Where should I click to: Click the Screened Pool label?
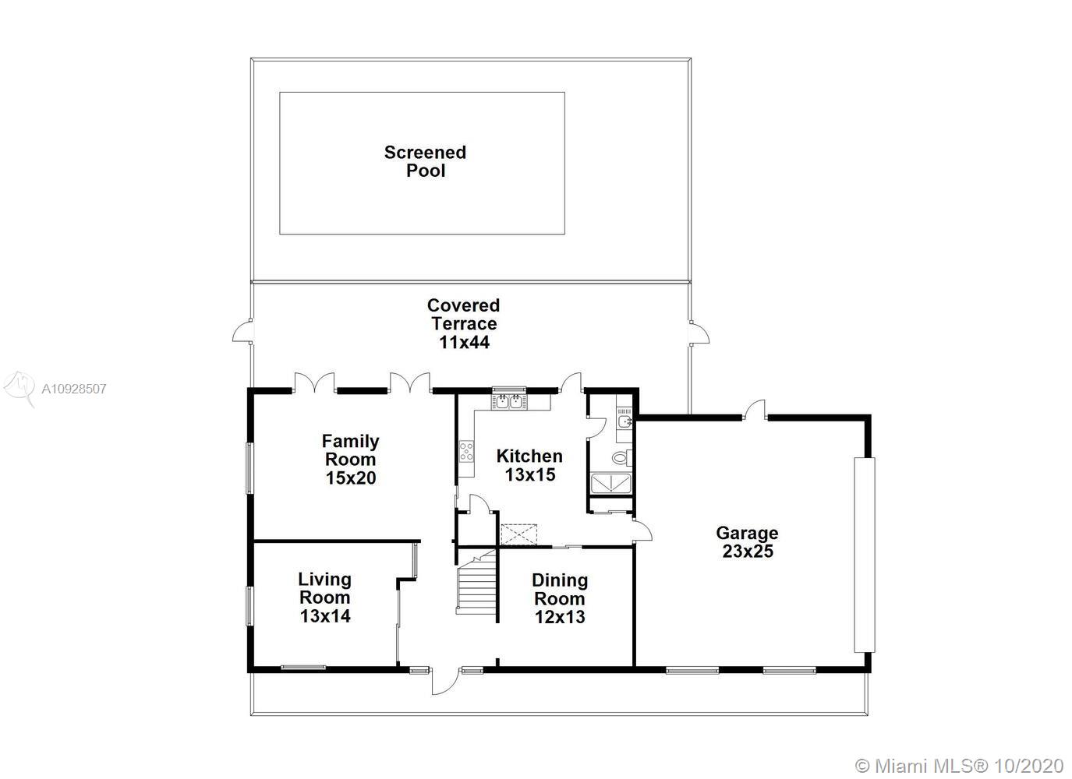pyautogui.click(x=425, y=161)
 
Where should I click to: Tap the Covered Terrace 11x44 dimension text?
pyautogui.click(x=464, y=343)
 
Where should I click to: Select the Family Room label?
pyautogui.click(x=350, y=450)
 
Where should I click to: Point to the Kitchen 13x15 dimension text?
pyautogui.click(x=530, y=475)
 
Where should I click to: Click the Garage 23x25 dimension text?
pyautogui.click(x=748, y=552)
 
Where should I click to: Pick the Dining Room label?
pyautogui.click(x=560, y=590)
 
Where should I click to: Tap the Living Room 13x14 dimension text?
pyautogui.click(x=325, y=616)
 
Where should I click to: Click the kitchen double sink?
pyautogui.click(x=508, y=401)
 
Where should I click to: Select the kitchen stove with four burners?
pyautogui.click(x=466, y=451)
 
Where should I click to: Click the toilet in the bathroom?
pyautogui.click(x=621, y=458)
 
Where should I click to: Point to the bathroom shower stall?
pyautogui.click(x=611, y=483)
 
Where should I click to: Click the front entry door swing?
pyautogui.click(x=445, y=682)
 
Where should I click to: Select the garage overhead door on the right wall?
pyautogui.click(x=865, y=555)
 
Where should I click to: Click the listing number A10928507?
pyautogui.click(x=74, y=389)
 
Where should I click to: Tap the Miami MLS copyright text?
pyautogui.click(x=959, y=753)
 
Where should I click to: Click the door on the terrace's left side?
pyautogui.click(x=242, y=331)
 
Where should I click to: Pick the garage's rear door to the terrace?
pyautogui.click(x=754, y=410)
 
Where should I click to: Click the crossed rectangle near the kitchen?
pyautogui.click(x=518, y=535)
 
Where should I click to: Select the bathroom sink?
pyautogui.click(x=624, y=421)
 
